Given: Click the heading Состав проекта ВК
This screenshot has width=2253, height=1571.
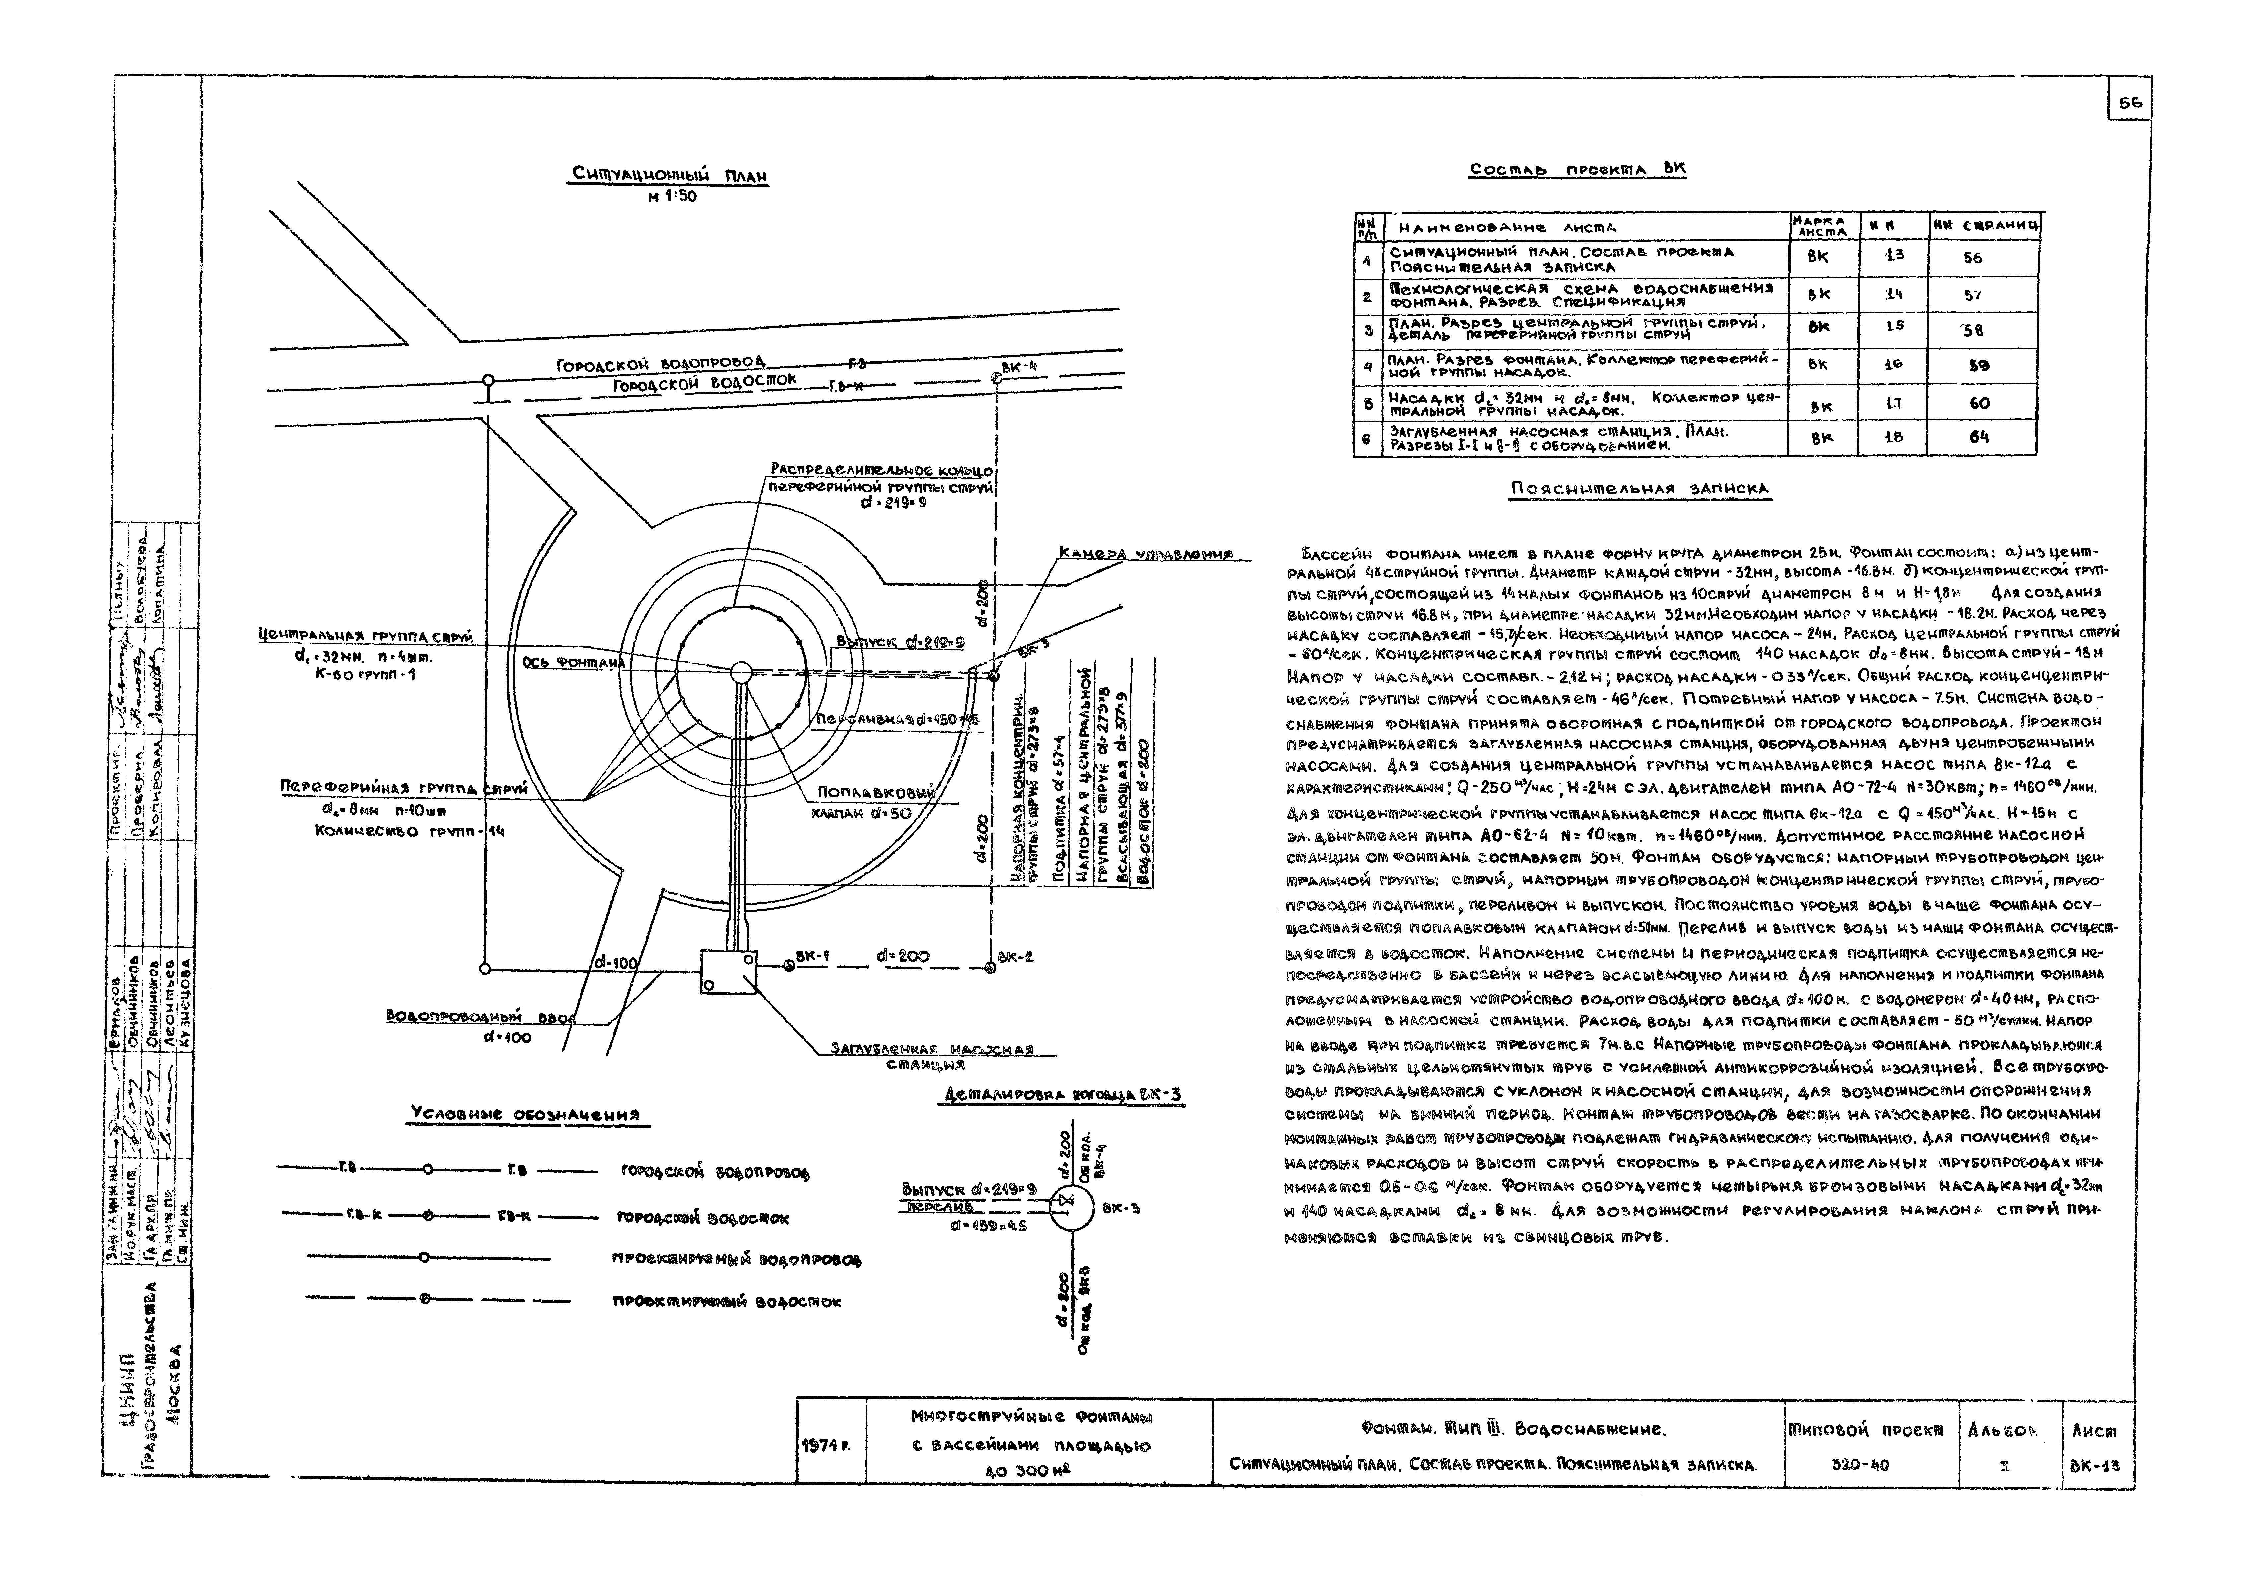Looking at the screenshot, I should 1577,169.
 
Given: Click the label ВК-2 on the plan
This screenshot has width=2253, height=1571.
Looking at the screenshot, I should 1016,957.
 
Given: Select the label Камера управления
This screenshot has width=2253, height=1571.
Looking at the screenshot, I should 1145,555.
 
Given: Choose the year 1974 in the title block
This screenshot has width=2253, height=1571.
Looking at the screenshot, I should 829,1446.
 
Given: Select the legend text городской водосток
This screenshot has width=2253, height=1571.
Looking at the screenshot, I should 705,1219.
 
